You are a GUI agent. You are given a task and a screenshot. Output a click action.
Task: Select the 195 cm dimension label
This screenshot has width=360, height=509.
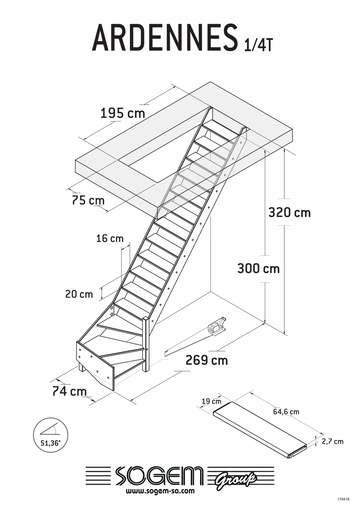[122, 113]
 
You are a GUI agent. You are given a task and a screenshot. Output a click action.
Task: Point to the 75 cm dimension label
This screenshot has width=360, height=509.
[88, 200]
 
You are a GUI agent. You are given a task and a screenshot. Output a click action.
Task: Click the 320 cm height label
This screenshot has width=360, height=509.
[289, 212]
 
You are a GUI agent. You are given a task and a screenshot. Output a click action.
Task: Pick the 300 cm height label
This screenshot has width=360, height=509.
[258, 269]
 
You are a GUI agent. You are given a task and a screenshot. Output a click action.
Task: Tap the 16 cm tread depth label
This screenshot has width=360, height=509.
[110, 238]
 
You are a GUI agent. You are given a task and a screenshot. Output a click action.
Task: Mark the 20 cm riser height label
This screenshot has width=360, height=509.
[79, 294]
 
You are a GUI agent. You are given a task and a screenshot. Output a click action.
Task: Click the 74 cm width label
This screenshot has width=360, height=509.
[70, 391]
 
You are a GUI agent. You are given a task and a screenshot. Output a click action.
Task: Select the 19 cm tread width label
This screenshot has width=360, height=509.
[211, 401]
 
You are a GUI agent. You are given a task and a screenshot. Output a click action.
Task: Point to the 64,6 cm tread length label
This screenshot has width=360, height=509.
[286, 412]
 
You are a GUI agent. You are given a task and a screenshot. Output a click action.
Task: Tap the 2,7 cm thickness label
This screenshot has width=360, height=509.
[332, 441]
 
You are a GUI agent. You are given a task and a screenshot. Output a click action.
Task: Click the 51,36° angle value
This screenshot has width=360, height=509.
[51, 444]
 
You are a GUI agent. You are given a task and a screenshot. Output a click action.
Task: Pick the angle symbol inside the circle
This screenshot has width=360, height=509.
[50, 430]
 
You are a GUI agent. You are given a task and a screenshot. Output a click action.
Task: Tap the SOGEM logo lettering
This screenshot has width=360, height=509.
[159, 476]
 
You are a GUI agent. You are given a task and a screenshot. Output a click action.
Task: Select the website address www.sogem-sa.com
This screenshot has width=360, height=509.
[160, 491]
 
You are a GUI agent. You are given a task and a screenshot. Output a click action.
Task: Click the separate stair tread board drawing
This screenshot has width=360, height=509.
[260, 430]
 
